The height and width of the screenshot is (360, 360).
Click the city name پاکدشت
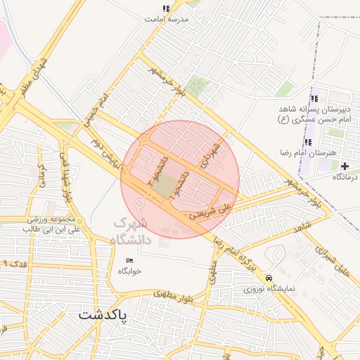(x=104, y=316)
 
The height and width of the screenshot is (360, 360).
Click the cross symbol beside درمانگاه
(x=345, y=166)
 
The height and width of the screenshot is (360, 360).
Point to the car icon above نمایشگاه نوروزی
(x=269, y=278)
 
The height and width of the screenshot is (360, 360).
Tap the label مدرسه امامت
(x=167, y=20)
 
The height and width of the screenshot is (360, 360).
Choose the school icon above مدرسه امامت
(x=166, y=9)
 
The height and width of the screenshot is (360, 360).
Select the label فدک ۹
(x=15, y=263)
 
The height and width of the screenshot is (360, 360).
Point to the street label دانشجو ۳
(x=160, y=169)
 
